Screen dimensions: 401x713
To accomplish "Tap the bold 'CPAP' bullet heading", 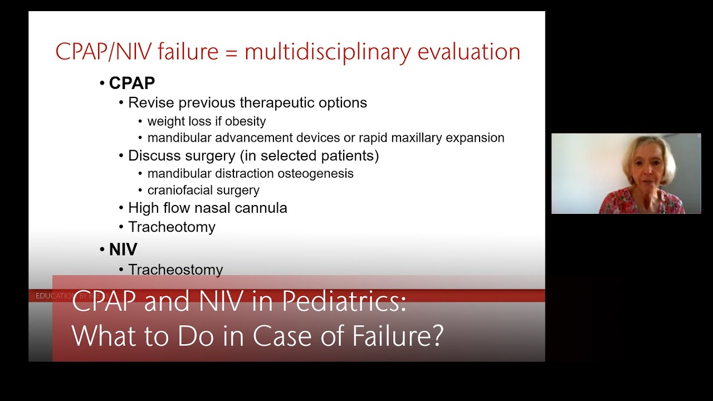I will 131,83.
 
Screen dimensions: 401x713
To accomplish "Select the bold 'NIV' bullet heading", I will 123,249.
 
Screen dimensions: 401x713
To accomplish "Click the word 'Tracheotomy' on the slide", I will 172,227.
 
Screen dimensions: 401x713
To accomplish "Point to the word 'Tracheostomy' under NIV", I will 175,270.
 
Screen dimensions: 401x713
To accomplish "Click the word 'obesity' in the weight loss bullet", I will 245,121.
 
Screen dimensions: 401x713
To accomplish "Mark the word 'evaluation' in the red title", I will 468,52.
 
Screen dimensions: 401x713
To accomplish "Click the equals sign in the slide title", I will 231,53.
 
